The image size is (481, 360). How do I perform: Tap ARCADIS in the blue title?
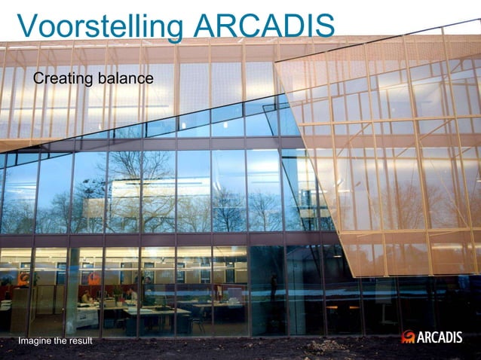[x=263, y=26]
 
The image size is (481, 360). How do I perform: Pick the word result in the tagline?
[x=79, y=342]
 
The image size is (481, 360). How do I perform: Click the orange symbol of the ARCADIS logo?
[x=409, y=337]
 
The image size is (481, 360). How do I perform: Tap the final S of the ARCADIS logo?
[x=458, y=337]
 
